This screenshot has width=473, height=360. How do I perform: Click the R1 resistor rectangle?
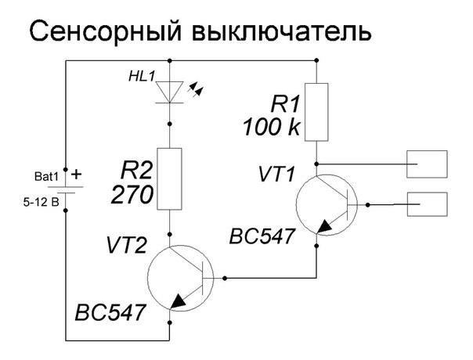pos(316,113)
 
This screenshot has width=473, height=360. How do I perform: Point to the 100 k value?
pos(271,128)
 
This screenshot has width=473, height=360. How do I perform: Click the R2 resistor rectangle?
pos(169,179)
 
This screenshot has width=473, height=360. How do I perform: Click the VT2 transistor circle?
pos(179,277)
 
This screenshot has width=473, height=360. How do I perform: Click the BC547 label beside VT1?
pos(262,236)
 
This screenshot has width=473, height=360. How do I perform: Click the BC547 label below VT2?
pos(110,313)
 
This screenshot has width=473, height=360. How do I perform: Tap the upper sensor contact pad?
pos(427,165)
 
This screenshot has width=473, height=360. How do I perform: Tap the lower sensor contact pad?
pos(427,206)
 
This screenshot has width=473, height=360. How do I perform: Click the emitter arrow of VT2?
pos(178,300)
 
